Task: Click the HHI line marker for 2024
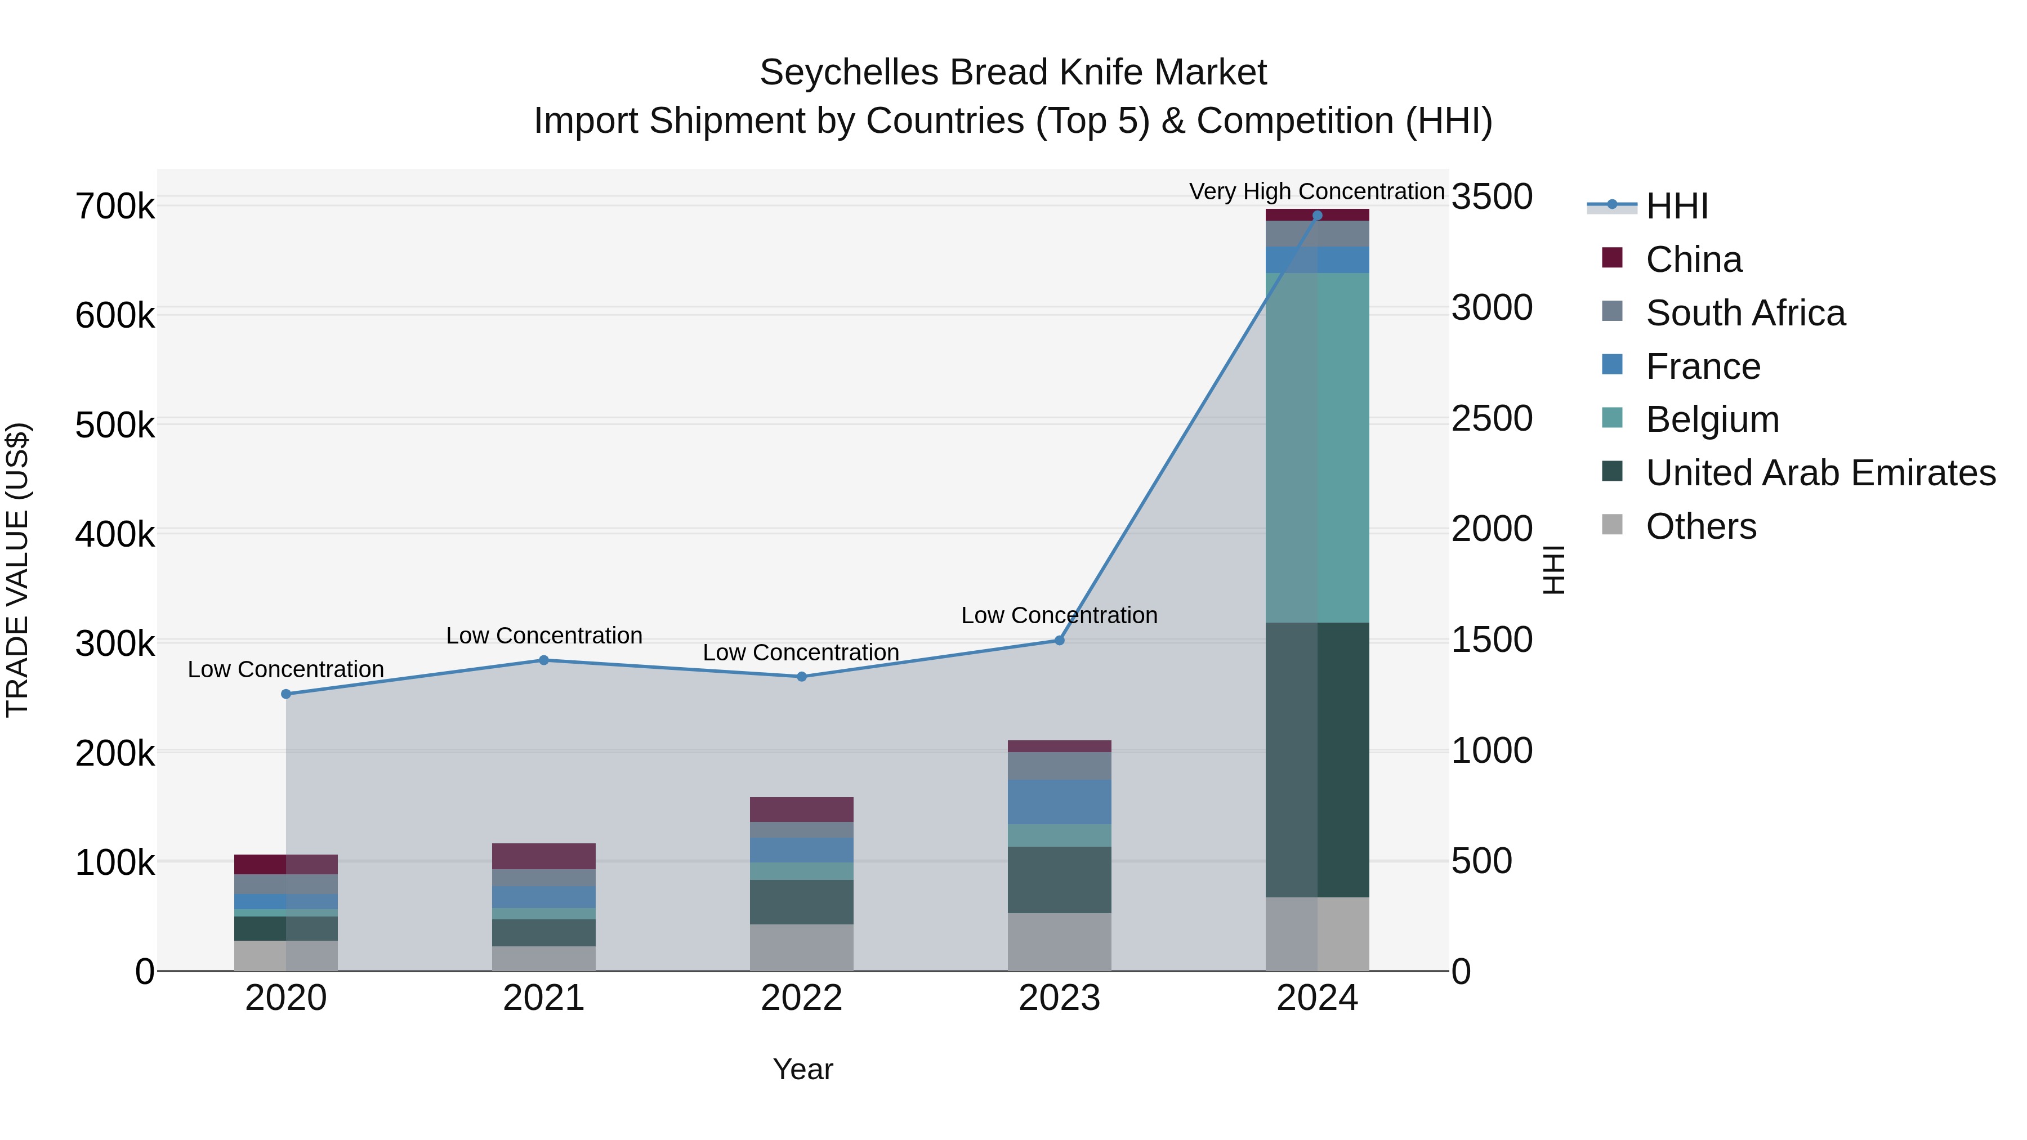click(1317, 216)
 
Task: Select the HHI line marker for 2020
click(285, 694)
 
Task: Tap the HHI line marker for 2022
click(802, 677)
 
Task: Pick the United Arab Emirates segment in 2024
click(1317, 759)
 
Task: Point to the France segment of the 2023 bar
click(1059, 802)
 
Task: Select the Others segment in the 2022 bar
click(802, 947)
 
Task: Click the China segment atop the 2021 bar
click(544, 856)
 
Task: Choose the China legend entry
click(1693, 260)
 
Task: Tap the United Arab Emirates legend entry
click(1820, 473)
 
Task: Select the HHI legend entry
click(1676, 206)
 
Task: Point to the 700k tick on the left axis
click(115, 207)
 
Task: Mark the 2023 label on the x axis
click(1059, 998)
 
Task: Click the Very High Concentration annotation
click(1316, 191)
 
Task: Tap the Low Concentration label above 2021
click(544, 636)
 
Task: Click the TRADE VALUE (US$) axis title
click(17, 570)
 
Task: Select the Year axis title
click(802, 1069)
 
